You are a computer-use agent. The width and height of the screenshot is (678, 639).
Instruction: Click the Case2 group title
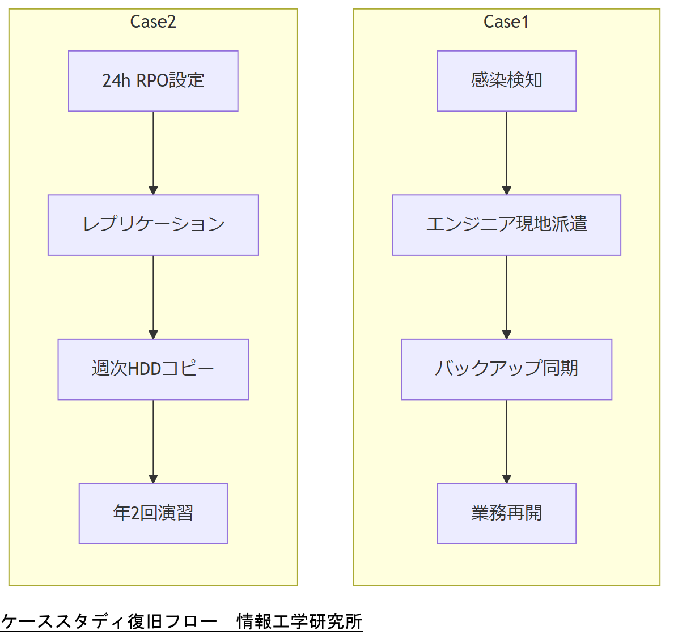click(x=153, y=22)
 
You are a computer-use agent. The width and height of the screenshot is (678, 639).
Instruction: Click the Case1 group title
click(x=506, y=22)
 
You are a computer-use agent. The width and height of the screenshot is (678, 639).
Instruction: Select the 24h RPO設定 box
click(x=153, y=81)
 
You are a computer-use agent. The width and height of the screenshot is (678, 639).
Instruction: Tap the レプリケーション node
click(x=153, y=225)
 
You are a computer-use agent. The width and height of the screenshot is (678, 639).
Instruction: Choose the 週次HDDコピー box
click(x=153, y=369)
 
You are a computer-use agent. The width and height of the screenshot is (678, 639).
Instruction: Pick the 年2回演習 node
click(x=153, y=513)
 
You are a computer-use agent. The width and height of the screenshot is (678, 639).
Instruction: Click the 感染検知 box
click(x=506, y=81)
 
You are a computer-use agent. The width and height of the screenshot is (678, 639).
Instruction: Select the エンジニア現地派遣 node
click(x=506, y=225)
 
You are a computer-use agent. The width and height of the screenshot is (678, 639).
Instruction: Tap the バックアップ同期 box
click(x=506, y=369)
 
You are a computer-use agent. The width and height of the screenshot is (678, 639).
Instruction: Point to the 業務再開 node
click(x=506, y=513)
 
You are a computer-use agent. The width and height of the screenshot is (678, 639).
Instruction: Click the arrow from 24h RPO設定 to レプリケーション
click(x=153, y=153)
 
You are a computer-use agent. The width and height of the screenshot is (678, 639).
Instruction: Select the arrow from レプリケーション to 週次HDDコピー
click(x=153, y=297)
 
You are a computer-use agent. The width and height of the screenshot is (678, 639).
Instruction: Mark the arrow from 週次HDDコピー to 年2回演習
click(x=153, y=441)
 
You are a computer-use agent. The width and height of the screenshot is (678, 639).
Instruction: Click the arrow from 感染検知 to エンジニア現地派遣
click(x=507, y=153)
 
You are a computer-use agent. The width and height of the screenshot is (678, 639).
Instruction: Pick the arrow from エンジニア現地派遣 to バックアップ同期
click(x=507, y=297)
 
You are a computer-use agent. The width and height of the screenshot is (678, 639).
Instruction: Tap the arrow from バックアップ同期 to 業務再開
click(x=507, y=441)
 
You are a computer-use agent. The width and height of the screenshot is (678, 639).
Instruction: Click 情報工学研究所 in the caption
click(x=299, y=621)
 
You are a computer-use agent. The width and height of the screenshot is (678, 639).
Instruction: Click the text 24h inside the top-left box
click(x=116, y=81)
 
